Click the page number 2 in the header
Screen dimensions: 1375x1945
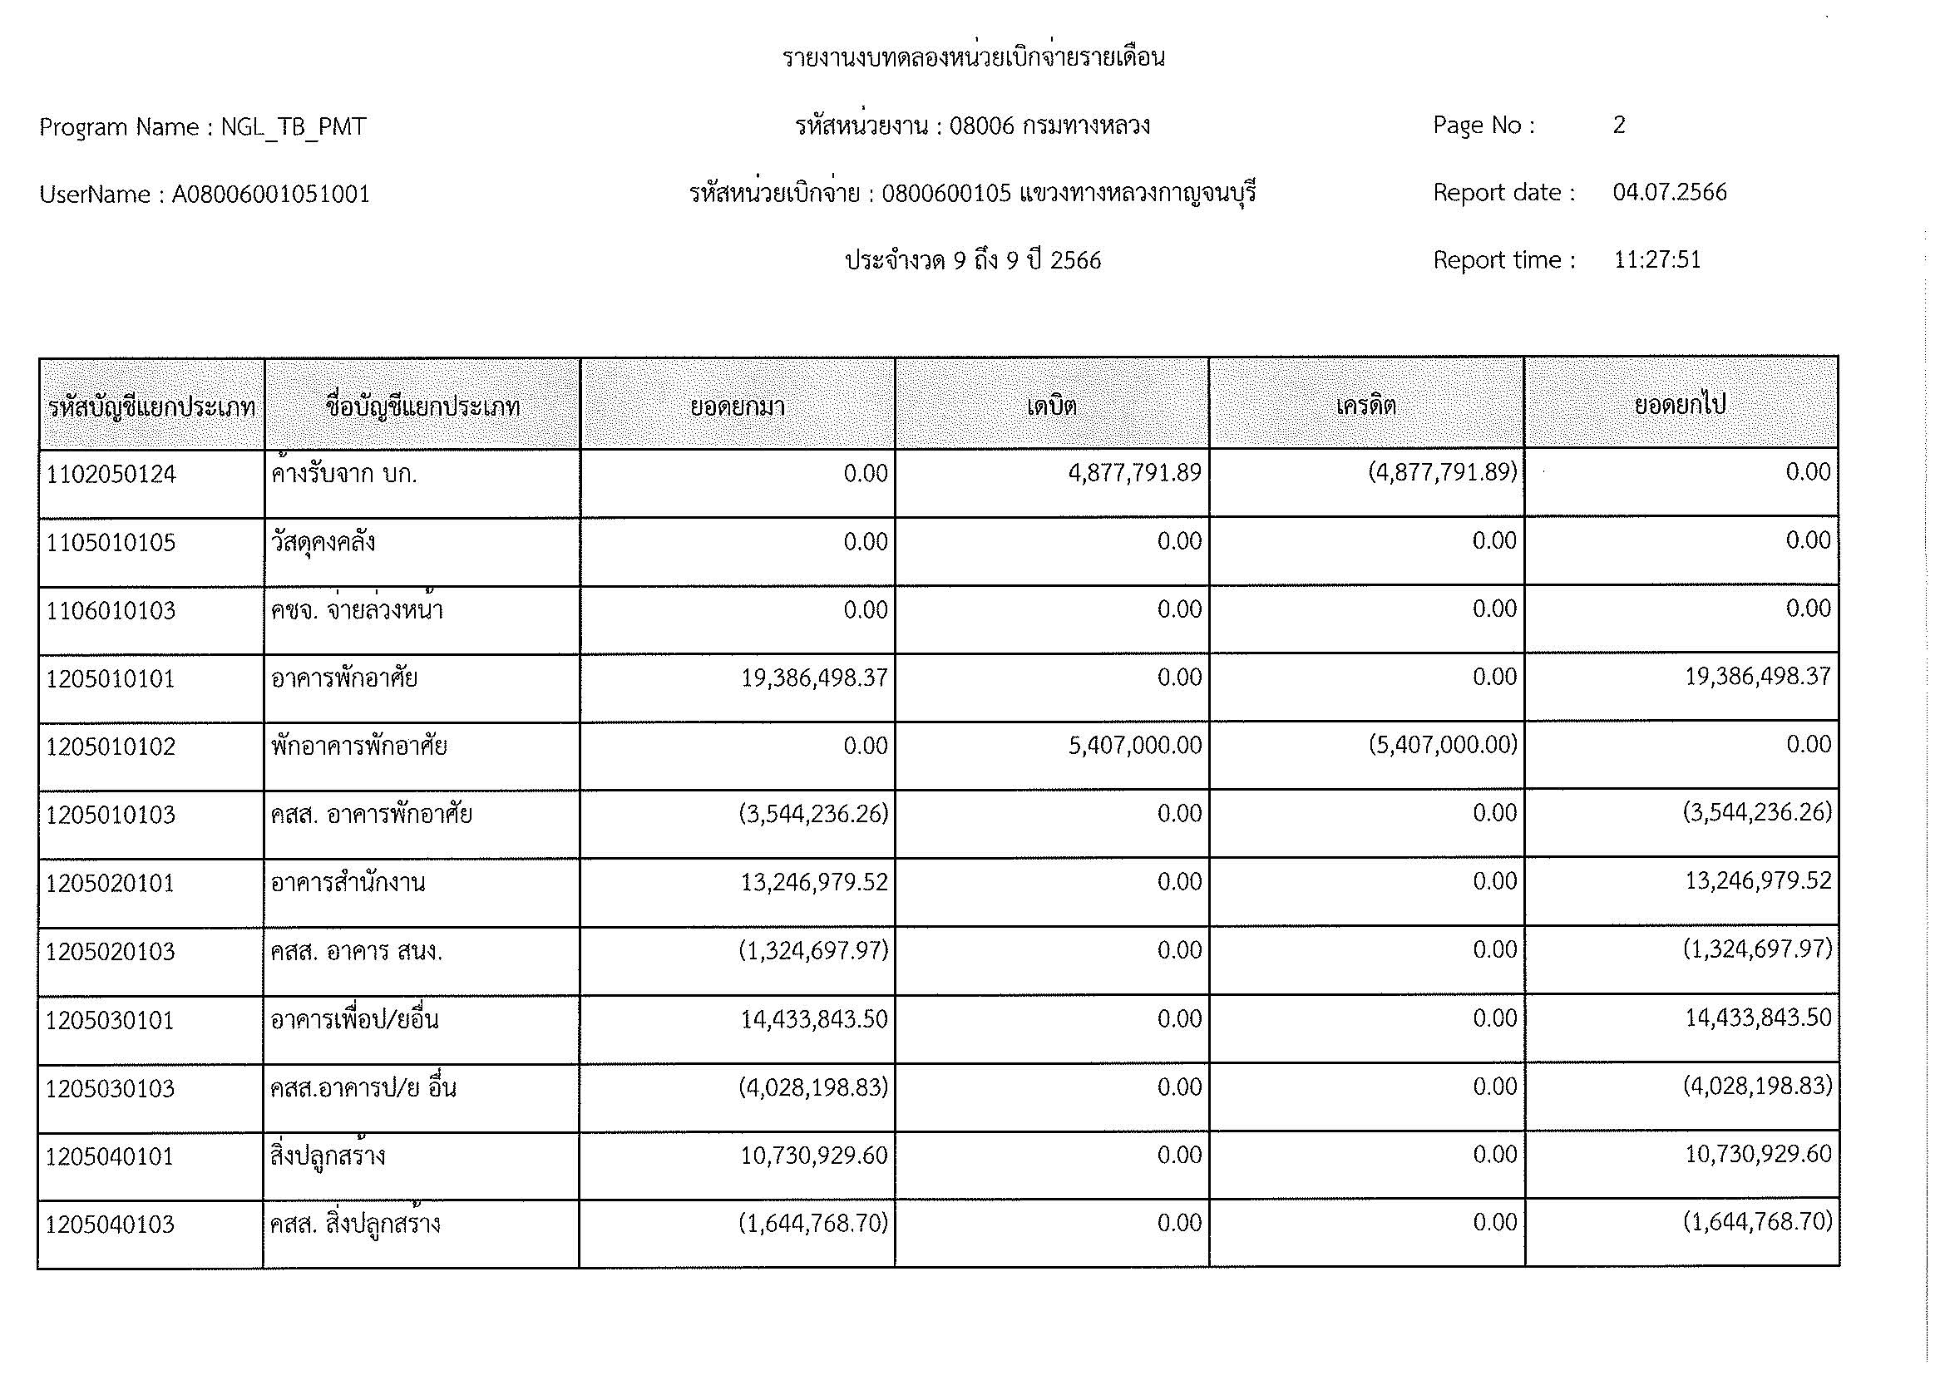pyautogui.click(x=1619, y=126)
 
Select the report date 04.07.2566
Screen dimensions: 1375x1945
pyautogui.click(x=1669, y=192)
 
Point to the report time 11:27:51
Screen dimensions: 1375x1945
pyautogui.click(x=1656, y=259)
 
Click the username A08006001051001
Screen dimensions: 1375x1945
pyautogui.click(x=270, y=195)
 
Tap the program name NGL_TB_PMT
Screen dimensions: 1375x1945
pyautogui.click(x=293, y=127)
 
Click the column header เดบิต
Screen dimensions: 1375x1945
pyautogui.click(x=1051, y=406)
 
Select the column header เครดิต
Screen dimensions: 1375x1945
pyautogui.click(x=1365, y=406)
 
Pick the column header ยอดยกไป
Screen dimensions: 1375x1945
pyautogui.click(x=1680, y=405)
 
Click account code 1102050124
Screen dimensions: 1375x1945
pyautogui.click(x=111, y=474)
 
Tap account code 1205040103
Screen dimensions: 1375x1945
pyautogui.click(x=110, y=1225)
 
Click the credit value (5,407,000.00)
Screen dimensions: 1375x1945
pyautogui.click(x=1443, y=745)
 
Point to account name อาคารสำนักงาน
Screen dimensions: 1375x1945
pyautogui.click(x=348, y=883)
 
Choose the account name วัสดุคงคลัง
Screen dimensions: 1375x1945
pyautogui.click(x=323, y=542)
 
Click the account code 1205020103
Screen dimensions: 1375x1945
pyautogui.click(x=110, y=952)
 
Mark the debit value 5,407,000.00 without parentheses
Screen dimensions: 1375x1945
pyautogui.click(x=1134, y=745)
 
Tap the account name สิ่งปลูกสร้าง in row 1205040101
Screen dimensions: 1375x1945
pyautogui.click(x=328, y=1156)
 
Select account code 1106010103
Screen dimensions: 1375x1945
pyautogui.click(x=110, y=610)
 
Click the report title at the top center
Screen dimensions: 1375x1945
pyautogui.click(x=973, y=57)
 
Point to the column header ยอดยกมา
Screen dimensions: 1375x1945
pyautogui.click(x=737, y=407)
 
